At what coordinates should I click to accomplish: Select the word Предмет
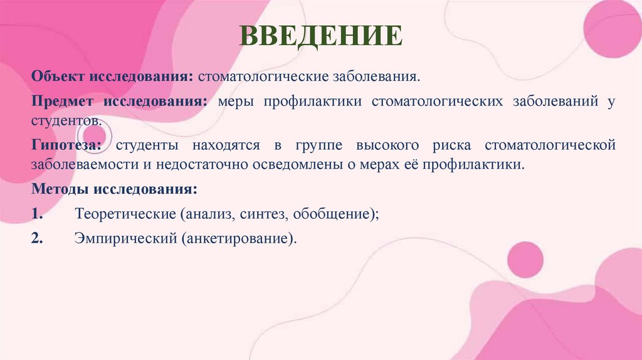[61, 102]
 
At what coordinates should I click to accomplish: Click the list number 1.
[37, 214]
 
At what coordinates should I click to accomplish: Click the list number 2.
[37, 239]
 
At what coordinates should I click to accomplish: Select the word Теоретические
[125, 214]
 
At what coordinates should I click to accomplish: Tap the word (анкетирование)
[239, 239]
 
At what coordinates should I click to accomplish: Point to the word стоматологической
[550, 146]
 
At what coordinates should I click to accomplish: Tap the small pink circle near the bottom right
[525, 259]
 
